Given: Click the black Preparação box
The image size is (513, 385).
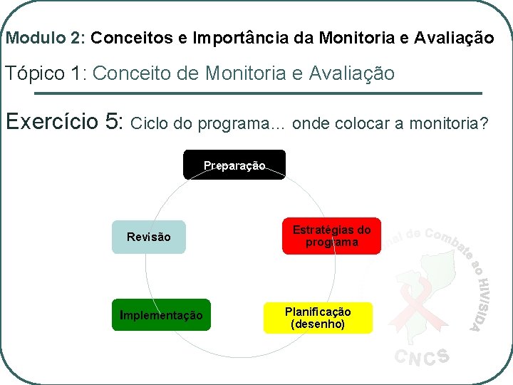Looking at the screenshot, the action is click(x=234, y=165).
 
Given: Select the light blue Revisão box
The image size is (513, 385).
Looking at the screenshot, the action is click(x=148, y=237).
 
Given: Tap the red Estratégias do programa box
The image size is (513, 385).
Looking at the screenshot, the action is click(x=331, y=236).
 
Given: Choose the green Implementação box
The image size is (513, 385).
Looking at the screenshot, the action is click(x=161, y=315).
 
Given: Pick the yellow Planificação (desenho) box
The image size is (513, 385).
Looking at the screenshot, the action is click(x=318, y=318).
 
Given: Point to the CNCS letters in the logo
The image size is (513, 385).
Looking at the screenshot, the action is click(x=422, y=356).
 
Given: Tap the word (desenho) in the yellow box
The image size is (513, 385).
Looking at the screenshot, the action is click(x=318, y=324).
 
